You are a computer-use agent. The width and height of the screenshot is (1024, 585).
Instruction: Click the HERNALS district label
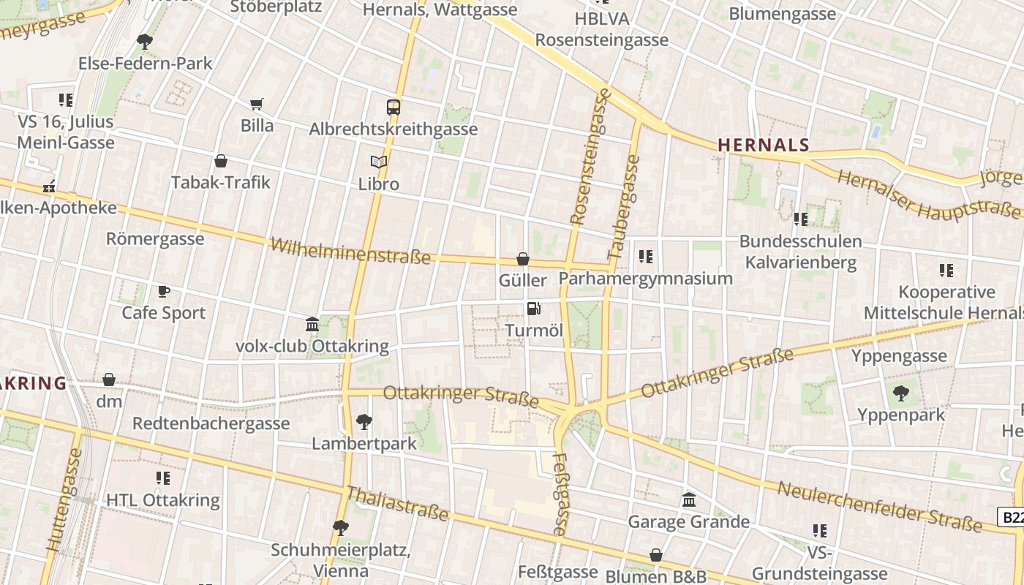(764, 145)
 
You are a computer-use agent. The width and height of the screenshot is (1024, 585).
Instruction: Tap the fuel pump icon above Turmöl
(534, 309)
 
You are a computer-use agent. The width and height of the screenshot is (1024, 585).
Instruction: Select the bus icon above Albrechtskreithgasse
(394, 107)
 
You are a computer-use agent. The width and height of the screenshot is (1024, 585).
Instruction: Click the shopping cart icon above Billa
(256, 105)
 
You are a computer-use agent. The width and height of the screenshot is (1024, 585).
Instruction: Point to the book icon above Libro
(378, 162)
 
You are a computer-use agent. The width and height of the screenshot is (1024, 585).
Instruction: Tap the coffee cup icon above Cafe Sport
(164, 292)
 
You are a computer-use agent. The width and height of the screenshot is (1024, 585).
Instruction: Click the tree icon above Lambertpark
(364, 422)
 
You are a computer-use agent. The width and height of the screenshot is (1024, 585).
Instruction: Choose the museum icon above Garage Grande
(689, 500)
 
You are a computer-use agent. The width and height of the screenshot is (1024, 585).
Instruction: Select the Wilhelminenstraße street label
(350, 250)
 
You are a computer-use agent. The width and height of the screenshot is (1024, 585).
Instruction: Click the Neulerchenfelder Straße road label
(879, 506)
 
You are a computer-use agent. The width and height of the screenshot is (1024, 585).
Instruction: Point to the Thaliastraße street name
(396, 504)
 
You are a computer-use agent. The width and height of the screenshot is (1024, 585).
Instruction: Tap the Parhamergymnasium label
(645, 279)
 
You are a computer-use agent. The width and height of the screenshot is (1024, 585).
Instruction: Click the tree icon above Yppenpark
(901, 393)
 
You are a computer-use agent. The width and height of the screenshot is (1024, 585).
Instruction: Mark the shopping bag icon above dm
(109, 380)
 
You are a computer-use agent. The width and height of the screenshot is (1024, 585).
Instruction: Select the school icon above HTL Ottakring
(163, 478)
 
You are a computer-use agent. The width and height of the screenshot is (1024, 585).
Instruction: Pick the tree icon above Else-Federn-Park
(145, 42)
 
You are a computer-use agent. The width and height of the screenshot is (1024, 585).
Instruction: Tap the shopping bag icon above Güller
(523, 259)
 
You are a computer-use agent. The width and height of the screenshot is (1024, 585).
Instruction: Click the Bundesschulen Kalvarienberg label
(800, 252)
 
